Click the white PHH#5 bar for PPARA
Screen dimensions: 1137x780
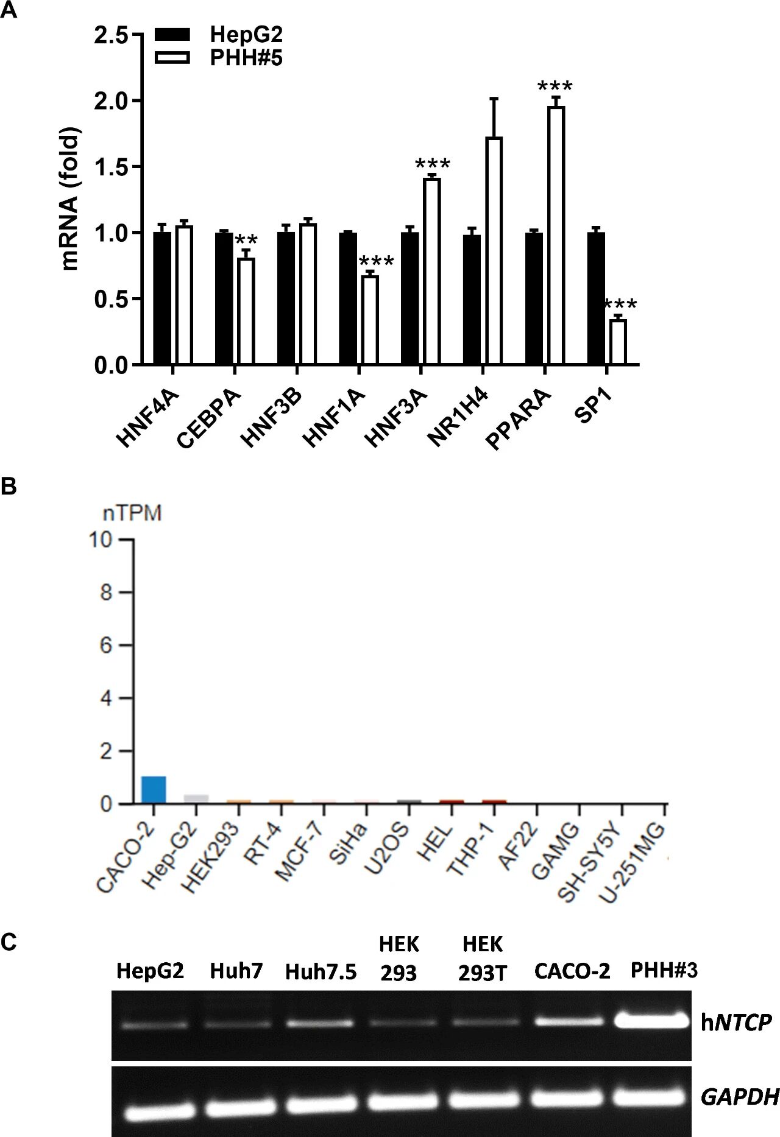point(556,236)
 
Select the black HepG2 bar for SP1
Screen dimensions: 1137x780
point(596,298)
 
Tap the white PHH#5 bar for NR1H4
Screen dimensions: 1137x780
point(494,251)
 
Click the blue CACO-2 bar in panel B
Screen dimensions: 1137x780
point(154,790)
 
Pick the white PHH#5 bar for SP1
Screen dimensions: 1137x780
point(618,342)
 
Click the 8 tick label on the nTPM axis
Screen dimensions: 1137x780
point(106,593)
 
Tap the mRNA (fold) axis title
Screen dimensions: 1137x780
point(71,199)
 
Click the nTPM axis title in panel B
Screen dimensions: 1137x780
point(132,513)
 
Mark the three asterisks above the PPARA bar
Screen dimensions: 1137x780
point(555,87)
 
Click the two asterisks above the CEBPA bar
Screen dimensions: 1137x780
point(246,240)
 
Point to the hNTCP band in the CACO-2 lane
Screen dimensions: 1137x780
point(572,1021)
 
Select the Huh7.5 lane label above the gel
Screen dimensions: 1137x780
point(321,972)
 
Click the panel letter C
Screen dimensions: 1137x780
point(9,942)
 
